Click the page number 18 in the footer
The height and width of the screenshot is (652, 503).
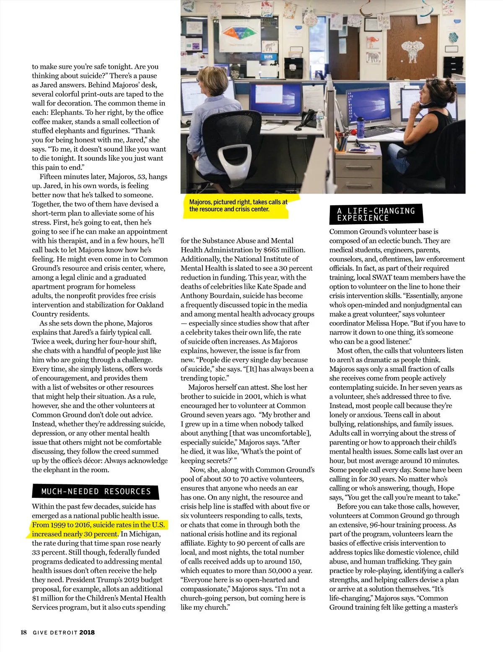tap(24, 632)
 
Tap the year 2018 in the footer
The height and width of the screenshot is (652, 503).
tap(87, 632)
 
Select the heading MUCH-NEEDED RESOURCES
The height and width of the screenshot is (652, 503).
tap(96, 491)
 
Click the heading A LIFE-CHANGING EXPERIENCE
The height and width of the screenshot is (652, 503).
tap(376, 214)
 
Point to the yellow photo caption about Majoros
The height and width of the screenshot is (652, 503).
tap(238, 205)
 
